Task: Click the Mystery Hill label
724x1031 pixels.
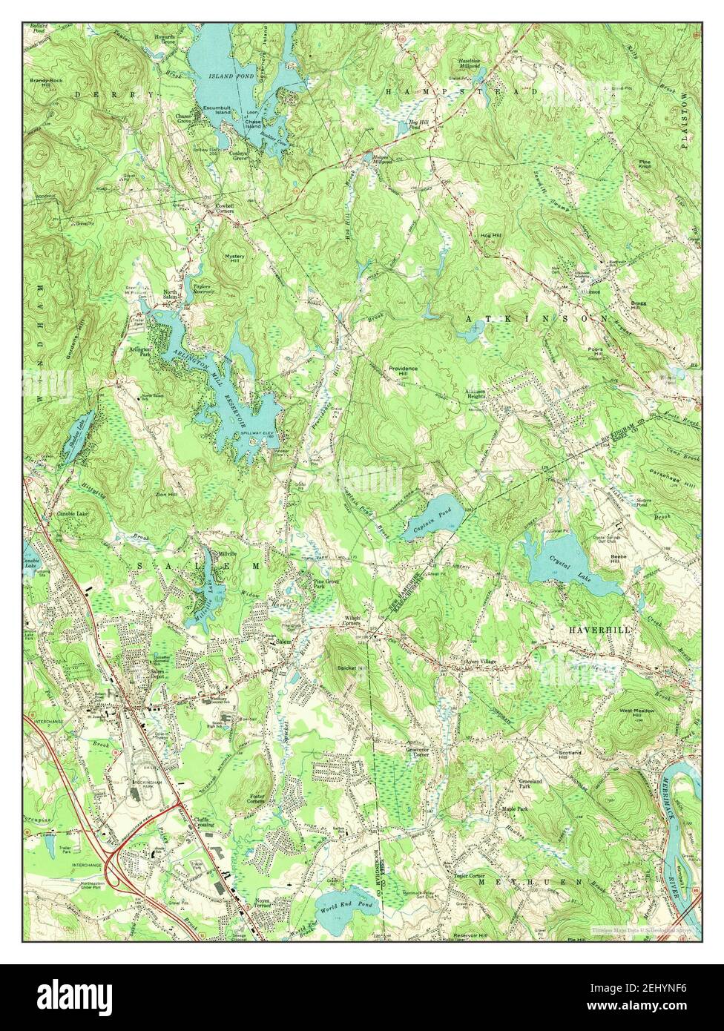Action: tap(234, 259)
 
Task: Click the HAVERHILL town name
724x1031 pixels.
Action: tap(599, 629)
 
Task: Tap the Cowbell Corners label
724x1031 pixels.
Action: tap(220, 208)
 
